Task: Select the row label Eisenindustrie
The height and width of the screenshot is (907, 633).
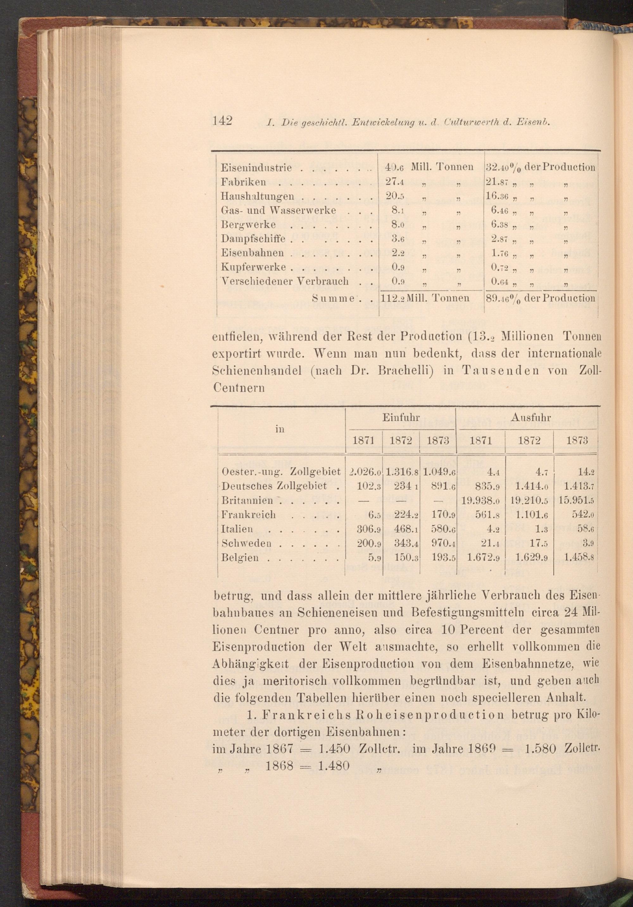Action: tap(256, 167)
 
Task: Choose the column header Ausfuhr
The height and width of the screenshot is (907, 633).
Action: tap(527, 417)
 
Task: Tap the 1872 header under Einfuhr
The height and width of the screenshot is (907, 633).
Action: tap(400, 441)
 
